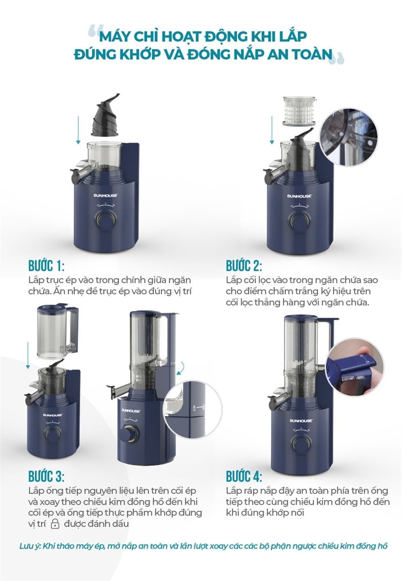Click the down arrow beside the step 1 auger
[x=78, y=130]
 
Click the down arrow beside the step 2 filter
[x=272, y=130]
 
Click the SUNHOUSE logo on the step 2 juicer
[x=299, y=196]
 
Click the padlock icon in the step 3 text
[x=55, y=523]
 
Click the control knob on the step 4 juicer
[x=300, y=444]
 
